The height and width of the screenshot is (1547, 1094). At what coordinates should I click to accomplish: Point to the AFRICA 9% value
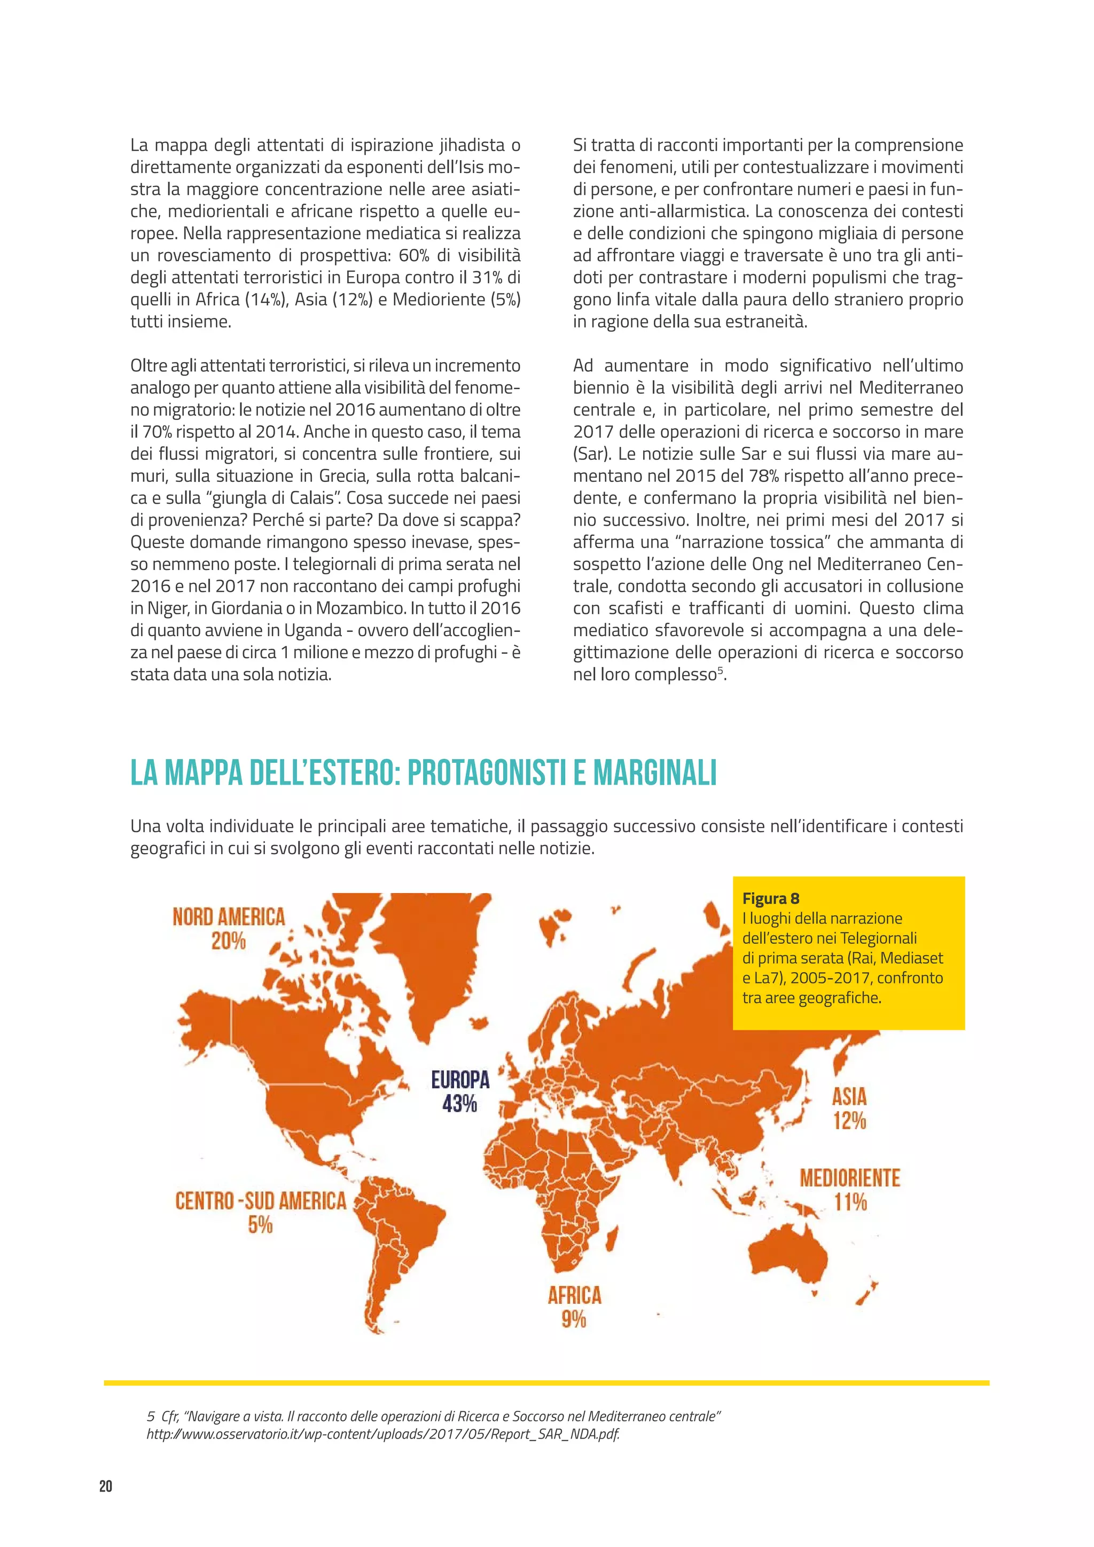click(574, 1318)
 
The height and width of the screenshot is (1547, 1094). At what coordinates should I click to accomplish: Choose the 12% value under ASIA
click(849, 1121)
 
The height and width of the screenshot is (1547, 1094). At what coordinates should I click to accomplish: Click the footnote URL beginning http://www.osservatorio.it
click(382, 1434)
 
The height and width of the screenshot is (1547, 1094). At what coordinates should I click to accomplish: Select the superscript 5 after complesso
click(720, 671)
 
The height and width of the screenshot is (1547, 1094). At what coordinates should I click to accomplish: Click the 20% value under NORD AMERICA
click(229, 941)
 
